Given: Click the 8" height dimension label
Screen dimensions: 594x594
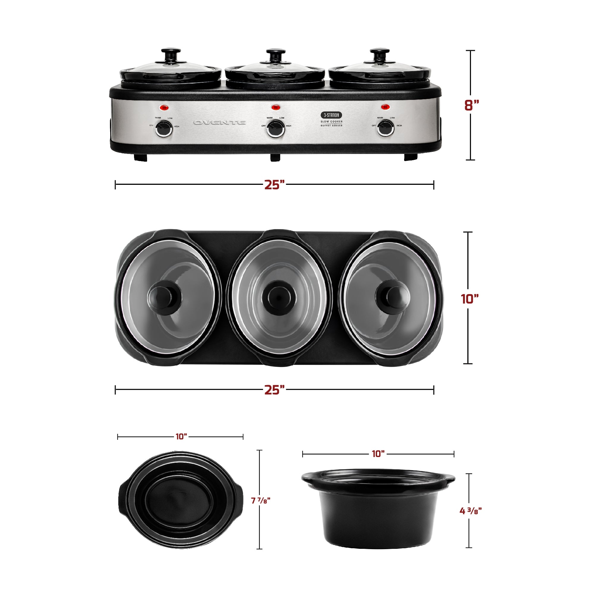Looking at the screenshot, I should tap(472, 105).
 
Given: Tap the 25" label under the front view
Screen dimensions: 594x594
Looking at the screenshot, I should tap(274, 185).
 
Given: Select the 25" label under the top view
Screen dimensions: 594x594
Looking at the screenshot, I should tap(274, 390).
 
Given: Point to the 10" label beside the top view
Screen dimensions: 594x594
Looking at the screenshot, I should tap(470, 299).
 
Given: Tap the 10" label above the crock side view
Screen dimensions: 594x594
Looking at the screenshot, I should tap(378, 454).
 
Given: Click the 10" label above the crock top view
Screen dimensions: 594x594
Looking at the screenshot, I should tap(181, 437).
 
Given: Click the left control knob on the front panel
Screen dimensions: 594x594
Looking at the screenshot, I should tap(164, 129).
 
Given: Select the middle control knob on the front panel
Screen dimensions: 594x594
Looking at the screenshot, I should tap(275, 129).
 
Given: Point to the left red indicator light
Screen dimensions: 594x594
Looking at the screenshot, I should tap(164, 108).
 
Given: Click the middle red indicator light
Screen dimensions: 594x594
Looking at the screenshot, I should tap(275, 107).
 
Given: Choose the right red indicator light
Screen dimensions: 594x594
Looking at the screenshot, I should tap(385, 107).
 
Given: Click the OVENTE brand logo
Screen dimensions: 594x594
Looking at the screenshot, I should tap(220, 122).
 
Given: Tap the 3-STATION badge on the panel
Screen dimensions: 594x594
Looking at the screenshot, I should tap(331, 115).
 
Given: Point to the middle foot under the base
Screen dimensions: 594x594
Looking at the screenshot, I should tap(275, 157).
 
